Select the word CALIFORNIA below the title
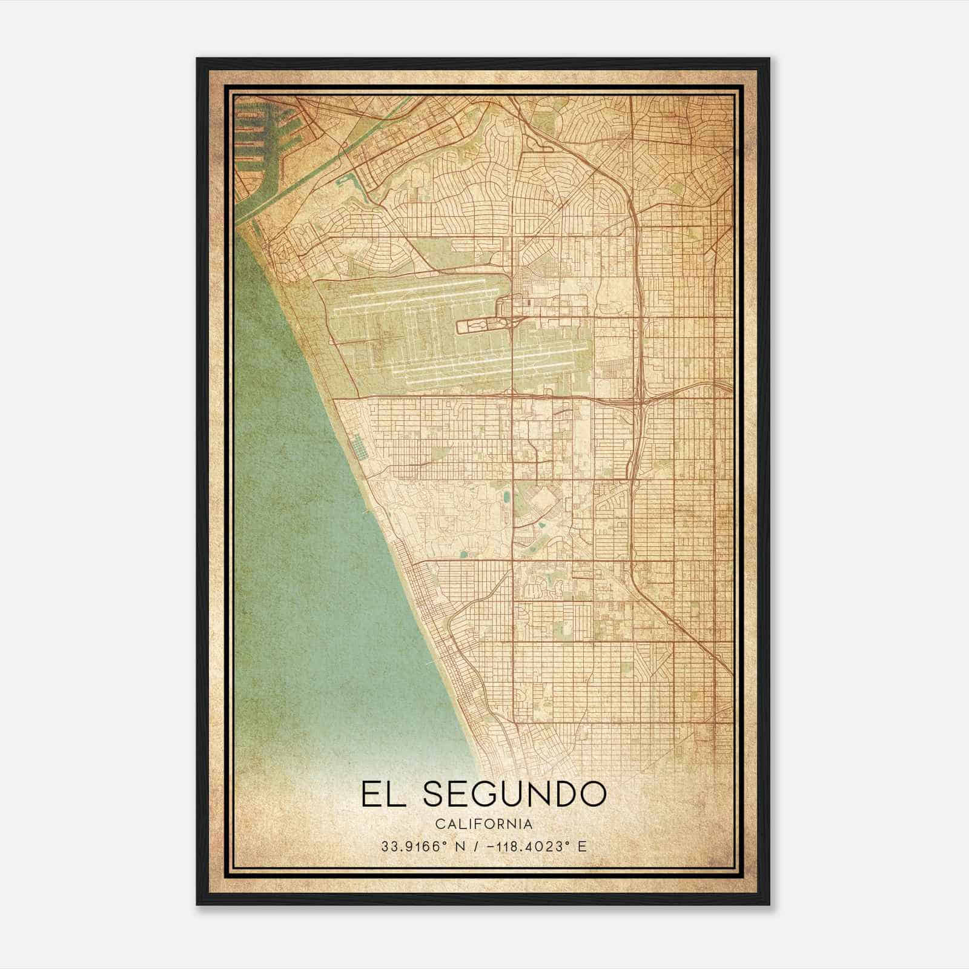[484, 824]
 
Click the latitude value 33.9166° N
[421, 847]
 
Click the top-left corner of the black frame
[197, 59]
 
